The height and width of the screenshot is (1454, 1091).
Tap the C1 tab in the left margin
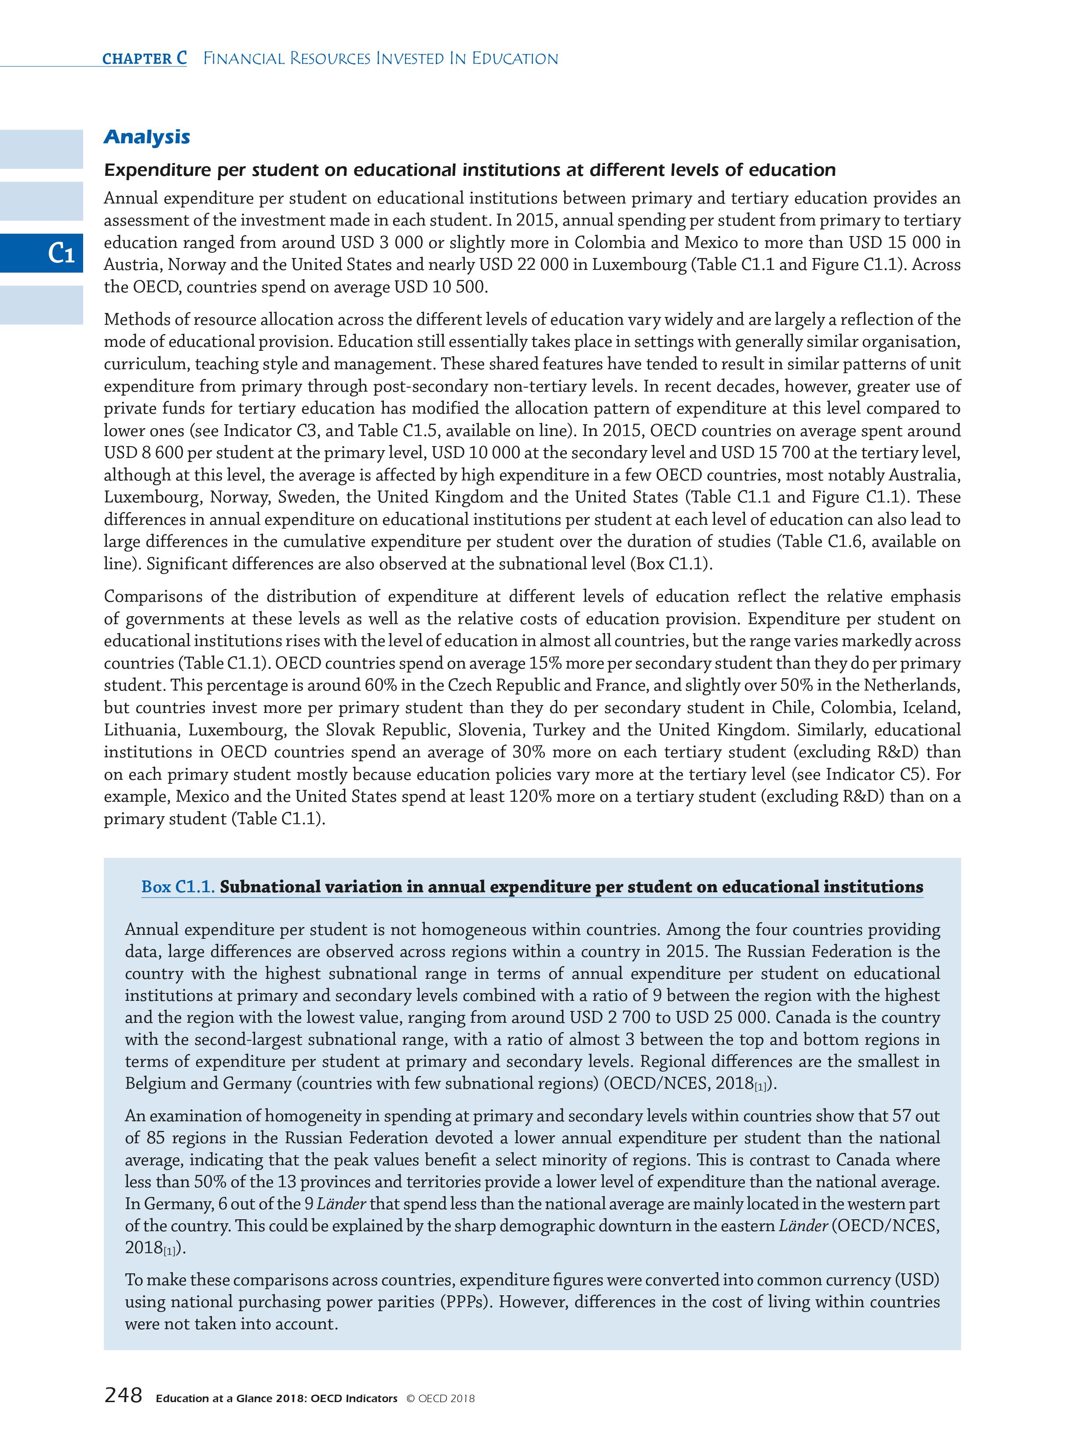tap(61, 253)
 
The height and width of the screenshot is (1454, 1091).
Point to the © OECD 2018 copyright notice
tap(440, 1398)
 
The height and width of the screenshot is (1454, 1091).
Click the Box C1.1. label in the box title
tap(178, 887)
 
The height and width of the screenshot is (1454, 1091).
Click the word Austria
tap(132, 265)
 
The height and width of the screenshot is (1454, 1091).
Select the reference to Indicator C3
tap(272, 431)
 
